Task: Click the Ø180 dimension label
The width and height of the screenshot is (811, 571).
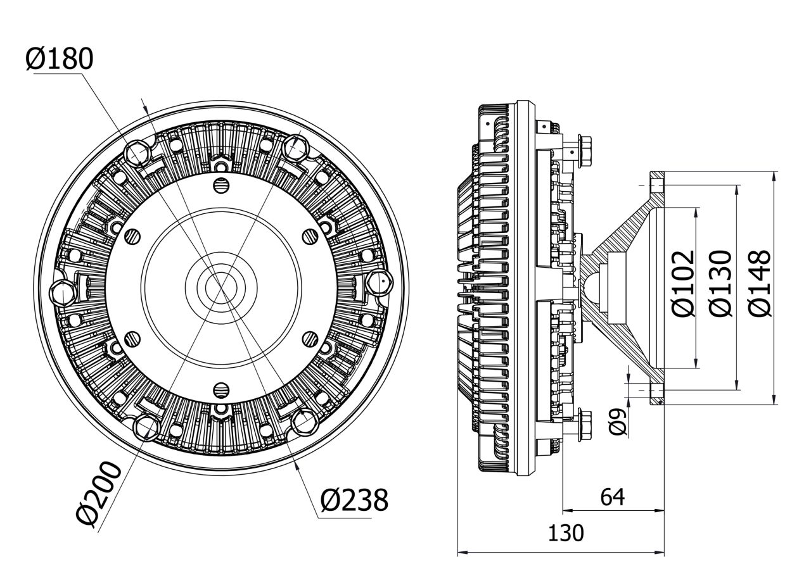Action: pyautogui.click(x=60, y=59)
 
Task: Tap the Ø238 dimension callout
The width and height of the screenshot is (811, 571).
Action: pyautogui.click(x=354, y=501)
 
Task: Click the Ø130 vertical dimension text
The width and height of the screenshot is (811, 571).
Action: pyautogui.click(x=722, y=283)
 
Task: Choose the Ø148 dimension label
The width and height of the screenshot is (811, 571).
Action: pyautogui.click(x=760, y=283)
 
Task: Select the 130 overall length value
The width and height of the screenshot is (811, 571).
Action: pyautogui.click(x=565, y=534)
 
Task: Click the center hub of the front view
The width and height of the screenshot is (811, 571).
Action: pyautogui.click(x=220, y=286)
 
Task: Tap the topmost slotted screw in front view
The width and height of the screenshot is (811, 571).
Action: pyautogui.click(x=220, y=185)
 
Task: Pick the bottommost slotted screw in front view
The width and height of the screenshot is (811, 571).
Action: pyautogui.click(x=220, y=388)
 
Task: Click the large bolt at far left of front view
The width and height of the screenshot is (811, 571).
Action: pyautogui.click(x=62, y=293)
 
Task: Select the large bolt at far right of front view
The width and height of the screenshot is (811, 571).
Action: pyautogui.click(x=380, y=280)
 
